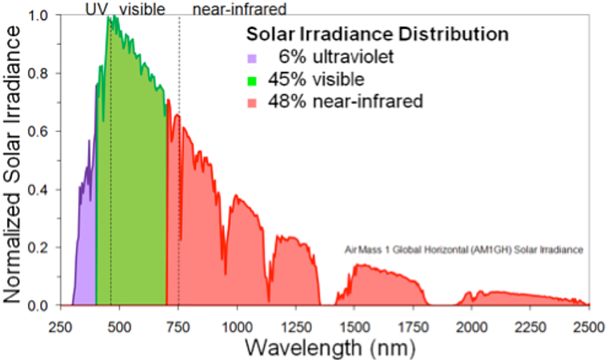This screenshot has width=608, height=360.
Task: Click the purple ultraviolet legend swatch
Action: coord(251,58)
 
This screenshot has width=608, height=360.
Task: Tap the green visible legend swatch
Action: coord(251,80)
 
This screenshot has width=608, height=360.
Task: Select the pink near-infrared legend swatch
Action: coord(251,102)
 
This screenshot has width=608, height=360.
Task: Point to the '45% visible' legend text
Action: coord(316,79)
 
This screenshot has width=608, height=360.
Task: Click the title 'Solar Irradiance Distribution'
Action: coord(378,35)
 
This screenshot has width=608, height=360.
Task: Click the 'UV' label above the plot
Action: coord(94,8)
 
